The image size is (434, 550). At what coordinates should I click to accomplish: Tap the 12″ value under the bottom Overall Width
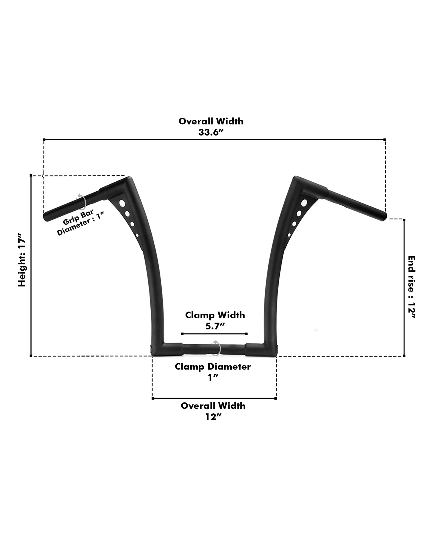[213, 417]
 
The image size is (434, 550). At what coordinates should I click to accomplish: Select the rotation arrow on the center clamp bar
[216, 348]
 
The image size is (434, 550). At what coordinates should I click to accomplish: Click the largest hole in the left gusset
[122, 204]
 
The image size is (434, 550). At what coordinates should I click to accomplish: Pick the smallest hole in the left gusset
[137, 235]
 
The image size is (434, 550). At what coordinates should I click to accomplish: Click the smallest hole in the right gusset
[289, 235]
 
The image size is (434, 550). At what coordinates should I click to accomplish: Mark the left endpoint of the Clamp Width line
[182, 334]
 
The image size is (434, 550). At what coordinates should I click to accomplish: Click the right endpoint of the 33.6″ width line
[385, 140]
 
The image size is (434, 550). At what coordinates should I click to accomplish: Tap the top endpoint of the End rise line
[404, 220]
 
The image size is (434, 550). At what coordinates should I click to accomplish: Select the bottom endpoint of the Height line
[31, 356]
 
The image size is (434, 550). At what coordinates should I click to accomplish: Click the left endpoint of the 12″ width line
[153, 398]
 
